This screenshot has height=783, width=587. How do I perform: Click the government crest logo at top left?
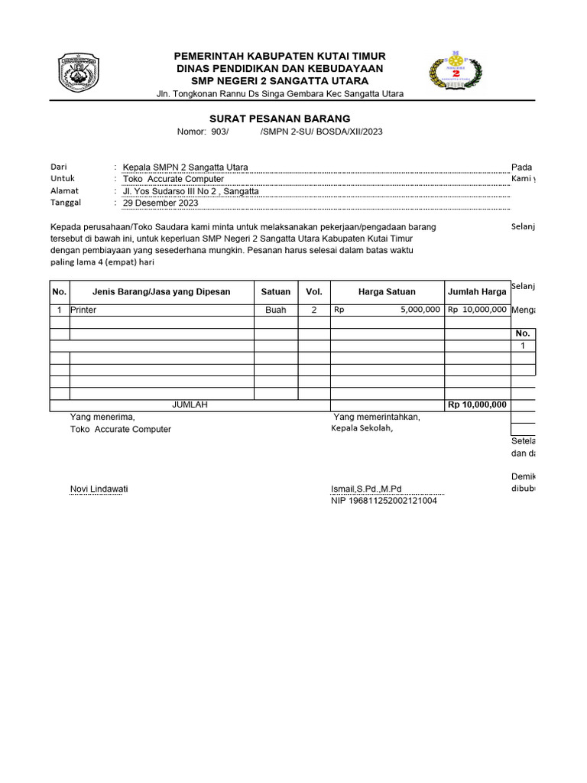(x=79, y=74)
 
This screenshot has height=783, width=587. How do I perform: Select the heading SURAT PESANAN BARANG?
(x=280, y=119)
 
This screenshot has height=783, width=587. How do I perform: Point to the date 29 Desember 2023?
(x=161, y=203)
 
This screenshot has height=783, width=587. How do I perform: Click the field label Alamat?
(x=64, y=190)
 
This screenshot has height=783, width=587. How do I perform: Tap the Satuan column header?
(x=276, y=291)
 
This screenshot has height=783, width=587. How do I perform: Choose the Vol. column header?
(x=314, y=291)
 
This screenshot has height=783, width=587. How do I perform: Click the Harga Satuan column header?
(x=387, y=291)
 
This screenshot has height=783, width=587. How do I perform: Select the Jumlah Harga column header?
(x=477, y=291)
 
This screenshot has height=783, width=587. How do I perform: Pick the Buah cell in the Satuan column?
(x=276, y=310)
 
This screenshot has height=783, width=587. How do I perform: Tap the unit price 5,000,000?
(x=420, y=310)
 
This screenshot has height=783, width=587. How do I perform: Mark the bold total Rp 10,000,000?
(x=477, y=404)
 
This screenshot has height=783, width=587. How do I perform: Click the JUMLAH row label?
(x=190, y=404)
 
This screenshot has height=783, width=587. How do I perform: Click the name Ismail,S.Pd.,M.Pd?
(x=366, y=489)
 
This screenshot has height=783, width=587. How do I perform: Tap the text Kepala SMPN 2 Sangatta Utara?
(x=185, y=167)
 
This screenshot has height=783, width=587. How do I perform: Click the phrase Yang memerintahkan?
(x=377, y=417)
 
